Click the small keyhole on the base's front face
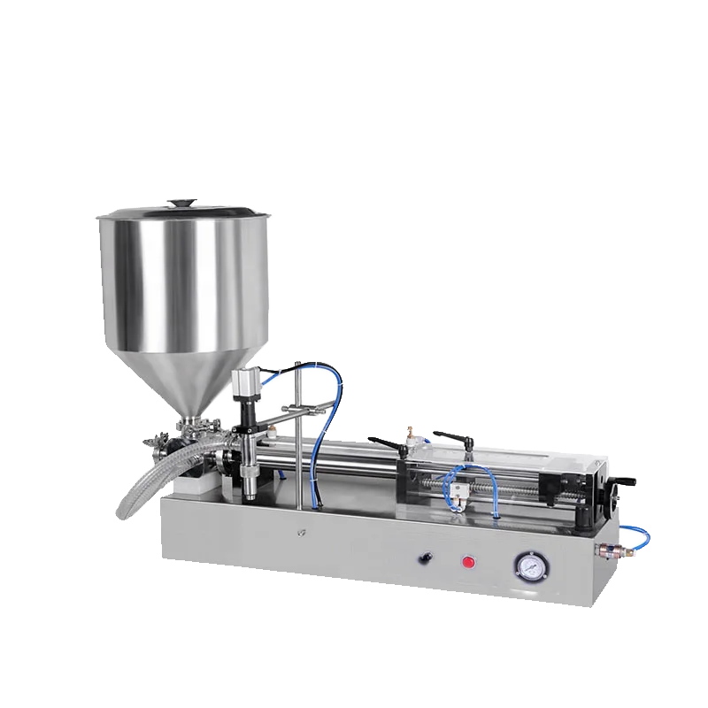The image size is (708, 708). pyautogui.click(x=302, y=535)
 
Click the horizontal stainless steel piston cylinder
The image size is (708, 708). pyautogui.click(x=336, y=461)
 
